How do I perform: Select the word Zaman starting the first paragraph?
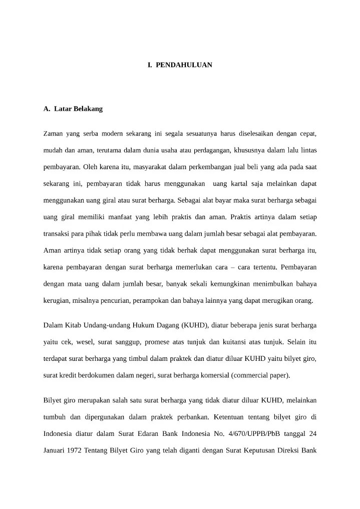tap(54, 134)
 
